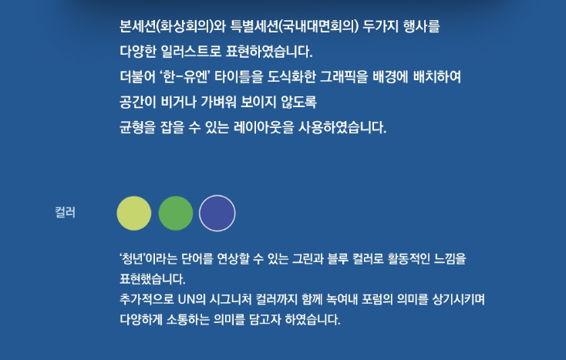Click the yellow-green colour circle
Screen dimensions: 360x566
pos(134,214)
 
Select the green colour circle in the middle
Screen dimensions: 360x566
pos(176,214)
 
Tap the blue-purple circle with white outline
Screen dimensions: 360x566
pos(217,214)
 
